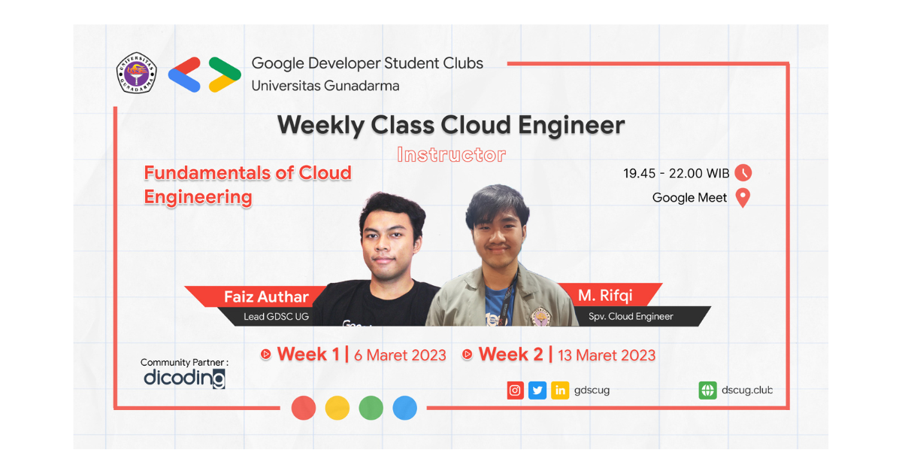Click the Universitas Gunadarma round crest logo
(x=136, y=74)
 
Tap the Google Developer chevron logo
(x=204, y=74)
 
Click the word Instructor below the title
(x=451, y=155)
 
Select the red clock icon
(x=743, y=172)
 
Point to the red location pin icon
(x=743, y=198)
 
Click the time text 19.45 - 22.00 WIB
(x=676, y=173)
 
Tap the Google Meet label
(x=689, y=198)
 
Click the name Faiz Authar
(x=266, y=296)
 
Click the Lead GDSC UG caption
(x=276, y=317)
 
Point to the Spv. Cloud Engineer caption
(x=630, y=317)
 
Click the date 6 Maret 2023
(x=400, y=355)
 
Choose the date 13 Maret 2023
(x=607, y=355)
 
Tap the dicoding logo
(x=184, y=377)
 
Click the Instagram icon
(x=515, y=390)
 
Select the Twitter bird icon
(x=537, y=390)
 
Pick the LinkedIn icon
(x=560, y=390)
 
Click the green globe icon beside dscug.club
(x=707, y=390)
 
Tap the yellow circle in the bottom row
(x=337, y=409)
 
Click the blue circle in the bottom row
(x=404, y=409)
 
